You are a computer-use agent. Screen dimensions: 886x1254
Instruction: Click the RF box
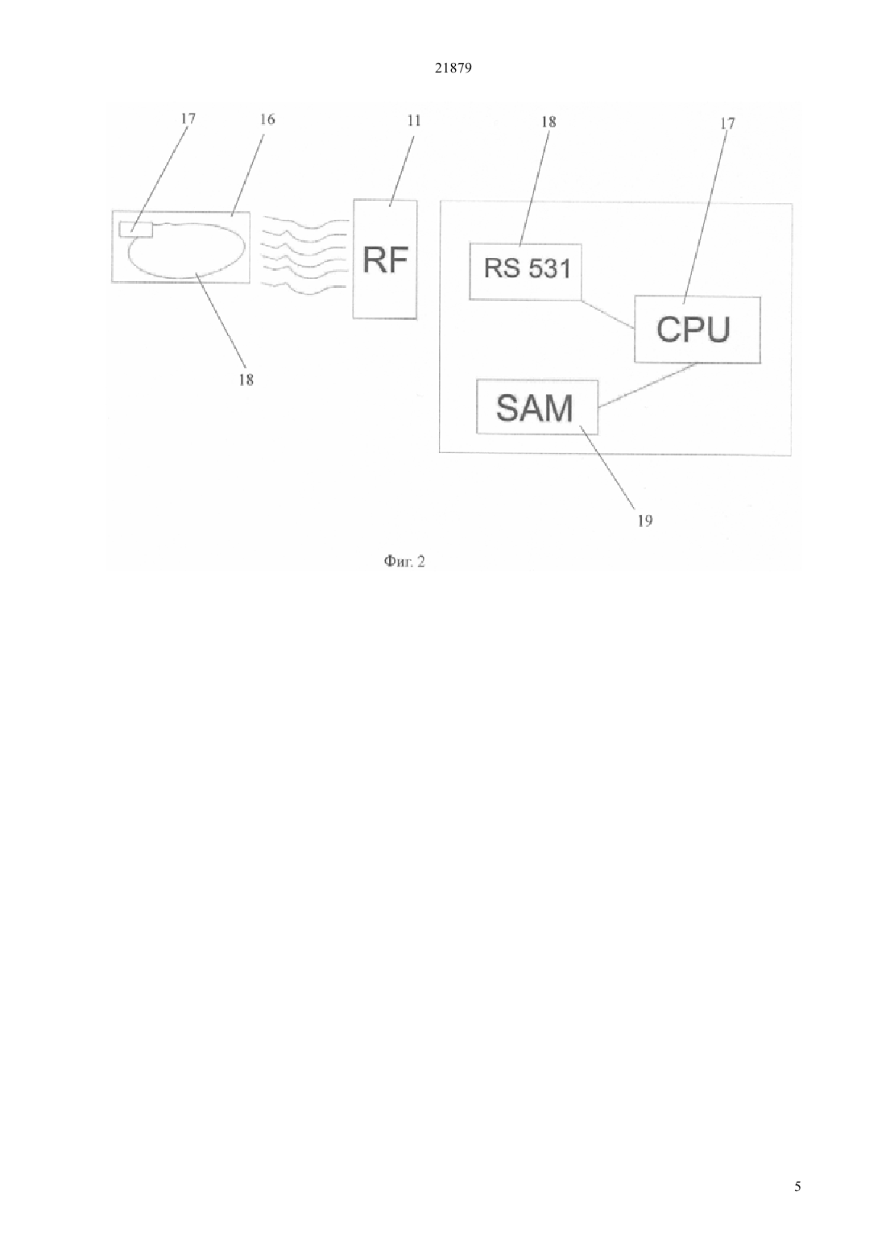pyautogui.click(x=385, y=260)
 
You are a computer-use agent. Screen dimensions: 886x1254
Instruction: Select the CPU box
pyautogui.click(x=698, y=330)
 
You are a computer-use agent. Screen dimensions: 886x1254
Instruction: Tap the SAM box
pyautogui.click(x=537, y=407)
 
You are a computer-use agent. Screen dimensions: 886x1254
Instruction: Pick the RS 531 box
pyautogui.click(x=525, y=272)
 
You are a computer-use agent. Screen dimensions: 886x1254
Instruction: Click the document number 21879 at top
pyautogui.click(x=453, y=68)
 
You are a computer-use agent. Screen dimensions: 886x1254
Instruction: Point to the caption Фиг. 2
pyautogui.click(x=404, y=561)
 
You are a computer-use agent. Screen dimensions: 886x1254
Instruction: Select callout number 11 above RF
pyautogui.click(x=414, y=120)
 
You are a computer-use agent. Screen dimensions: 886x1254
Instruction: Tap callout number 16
pyautogui.click(x=267, y=118)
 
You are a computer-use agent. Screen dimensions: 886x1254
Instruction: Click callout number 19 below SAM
pyautogui.click(x=645, y=521)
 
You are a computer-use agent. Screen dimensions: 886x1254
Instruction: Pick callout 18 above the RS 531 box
pyautogui.click(x=549, y=122)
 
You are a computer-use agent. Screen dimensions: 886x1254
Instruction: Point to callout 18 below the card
pyautogui.click(x=246, y=380)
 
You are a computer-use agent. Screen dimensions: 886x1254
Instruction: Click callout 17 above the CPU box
pyautogui.click(x=727, y=122)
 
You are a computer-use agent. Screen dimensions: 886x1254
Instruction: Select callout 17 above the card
pyautogui.click(x=188, y=118)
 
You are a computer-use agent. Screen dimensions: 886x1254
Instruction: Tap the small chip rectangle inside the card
pyautogui.click(x=136, y=230)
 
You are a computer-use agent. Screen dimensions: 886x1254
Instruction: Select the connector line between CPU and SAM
pyautogui.click(x=647, y=385)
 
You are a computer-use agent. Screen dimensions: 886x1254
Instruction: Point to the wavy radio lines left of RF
pyautogui.click(x=305, y=252)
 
